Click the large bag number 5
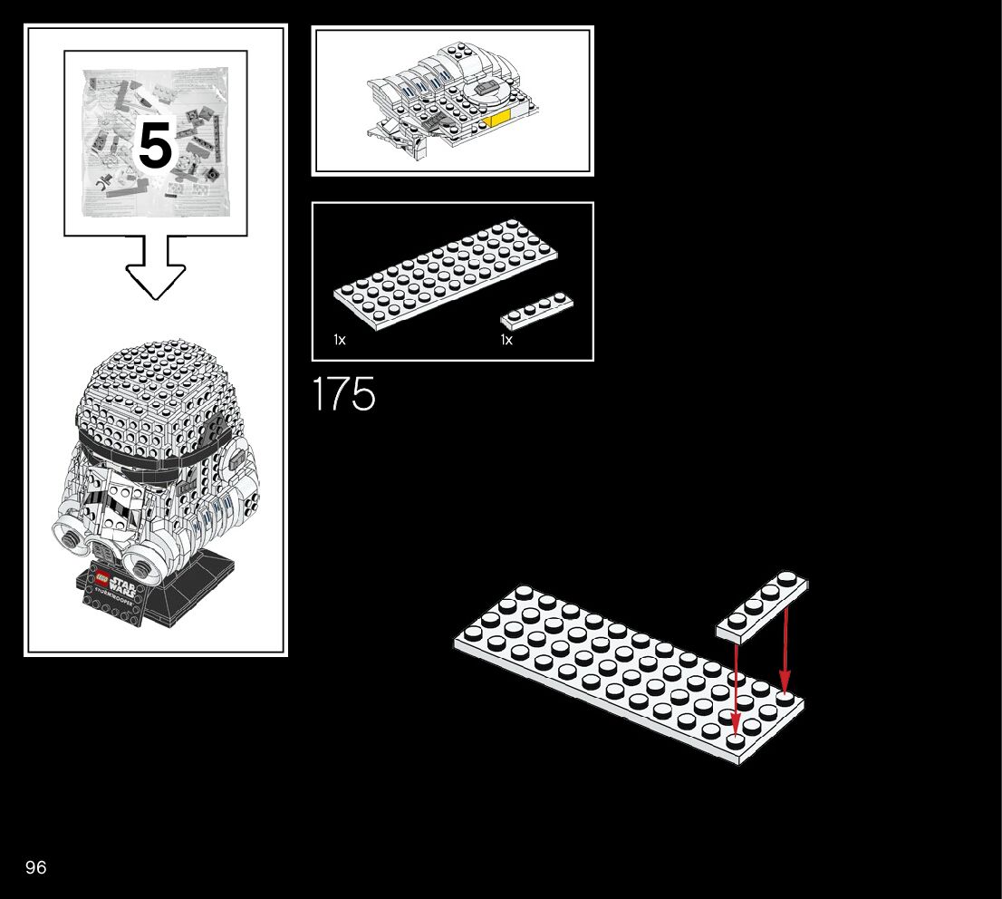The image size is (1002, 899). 155,145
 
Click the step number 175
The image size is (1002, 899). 343,395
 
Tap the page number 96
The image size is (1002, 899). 35,867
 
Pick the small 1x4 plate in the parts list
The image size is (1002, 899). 536,309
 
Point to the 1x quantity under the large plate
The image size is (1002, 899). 340,340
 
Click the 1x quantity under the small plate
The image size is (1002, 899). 506,340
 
